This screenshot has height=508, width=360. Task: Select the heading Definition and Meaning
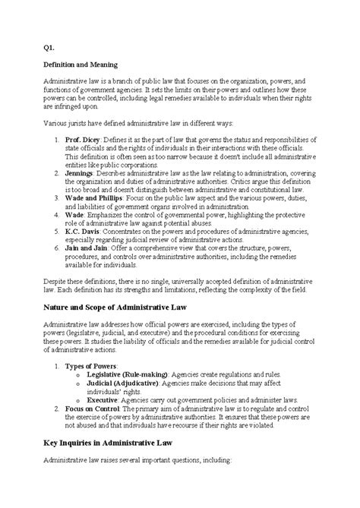tap(81, 66)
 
